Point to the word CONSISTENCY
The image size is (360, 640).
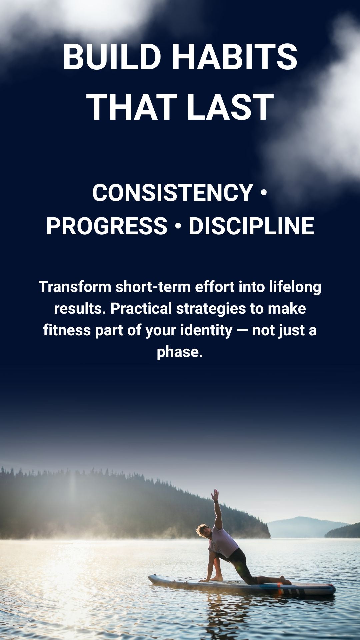tap(173, 193)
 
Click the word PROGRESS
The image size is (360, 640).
tap(107, 226)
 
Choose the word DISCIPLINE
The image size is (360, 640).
tap(251, 226)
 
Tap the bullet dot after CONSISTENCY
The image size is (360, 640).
tap(264, 193)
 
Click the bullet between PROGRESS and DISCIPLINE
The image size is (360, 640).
tap(178, 226)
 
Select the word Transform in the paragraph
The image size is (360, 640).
tap(75, 287)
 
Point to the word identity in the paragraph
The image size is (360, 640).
tap(207, 331)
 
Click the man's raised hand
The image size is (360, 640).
tap(215, 495)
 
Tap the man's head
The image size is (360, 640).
tap(203, 530)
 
